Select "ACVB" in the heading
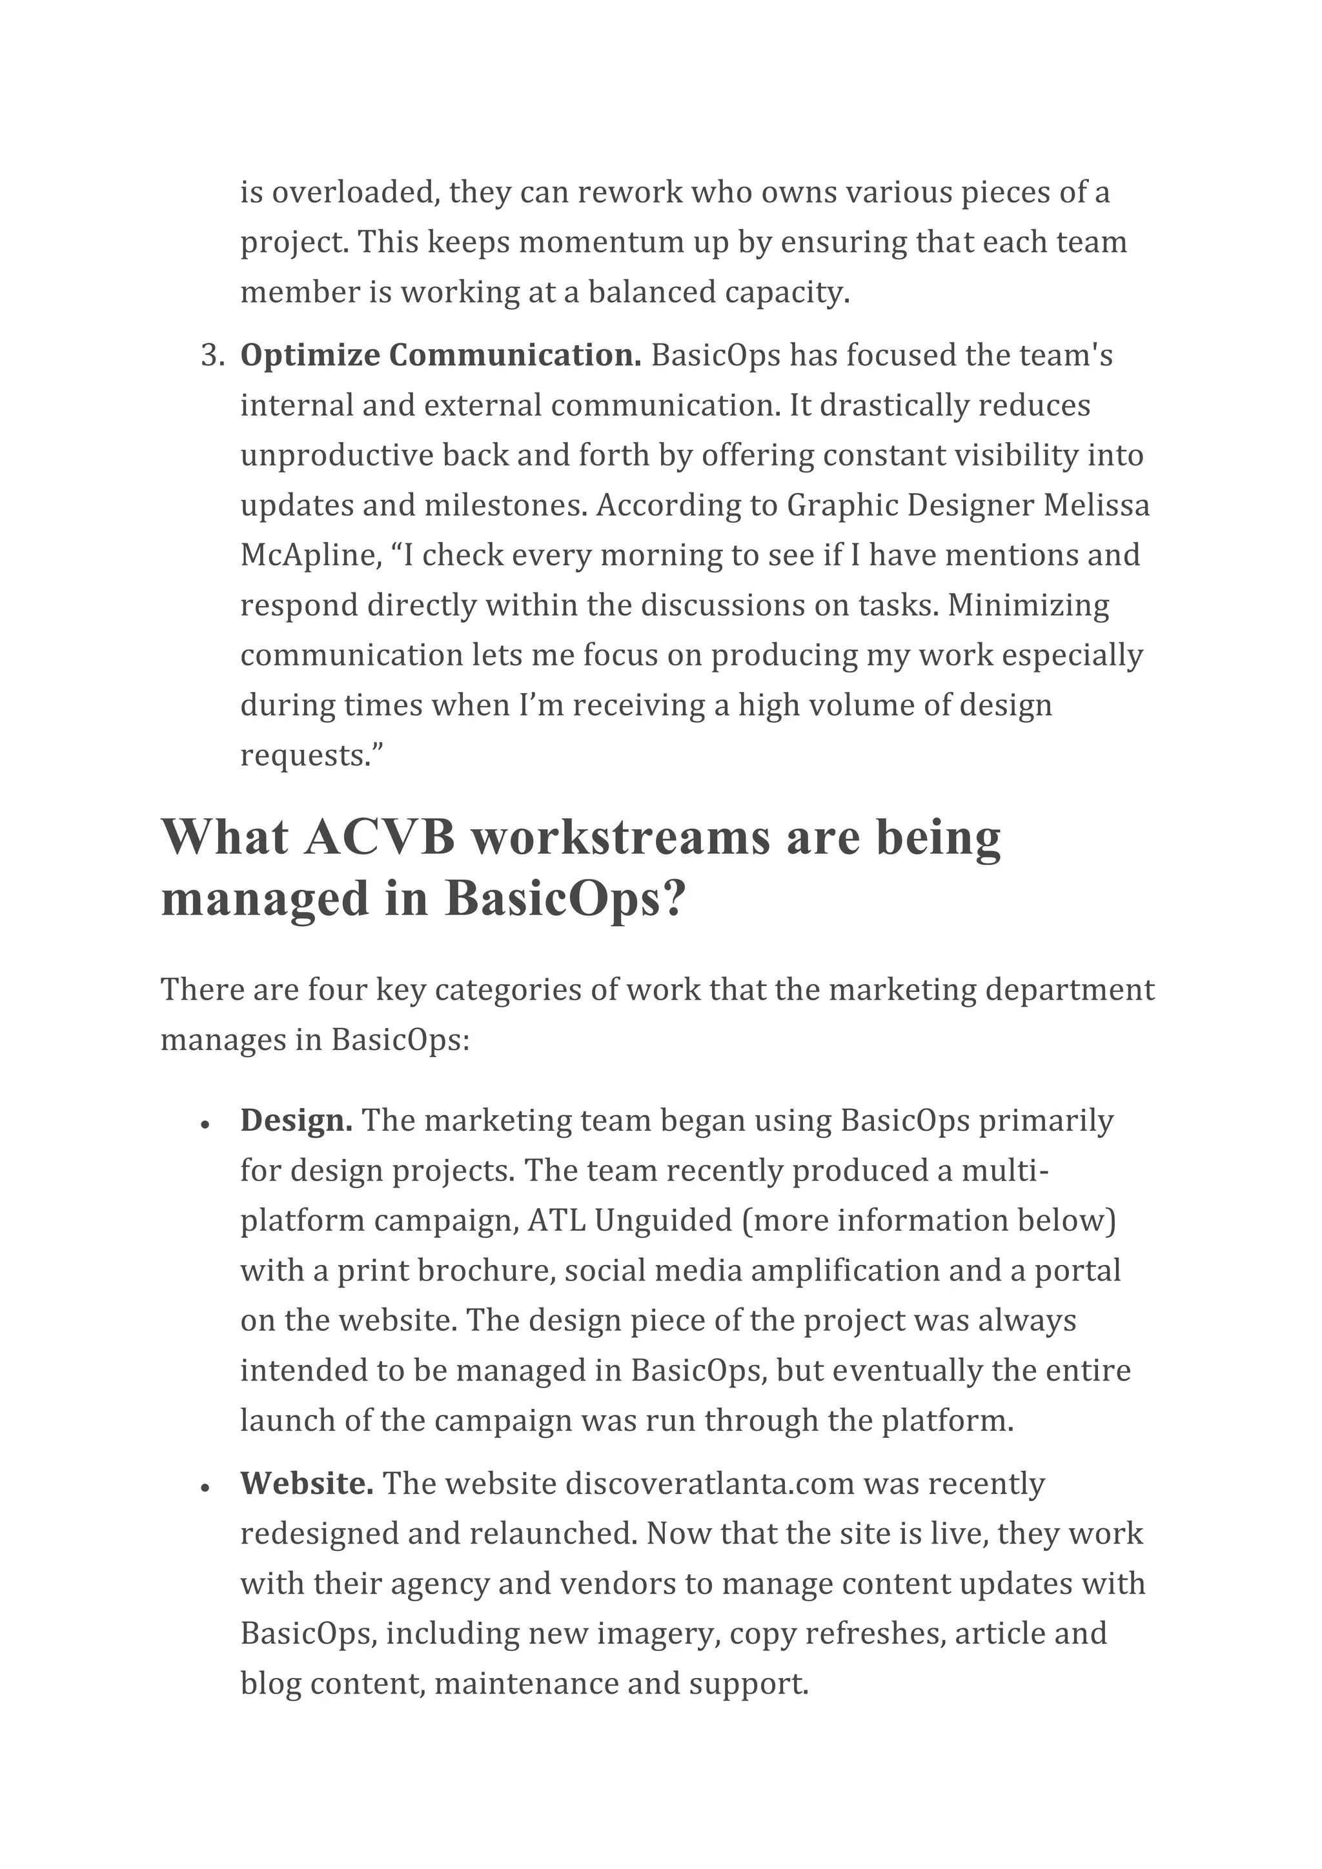[x=380, y=838]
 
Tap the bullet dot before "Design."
[x=205, y=1124]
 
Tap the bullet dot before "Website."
[x=205, y=1486]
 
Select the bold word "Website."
[x=307, y=1483]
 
